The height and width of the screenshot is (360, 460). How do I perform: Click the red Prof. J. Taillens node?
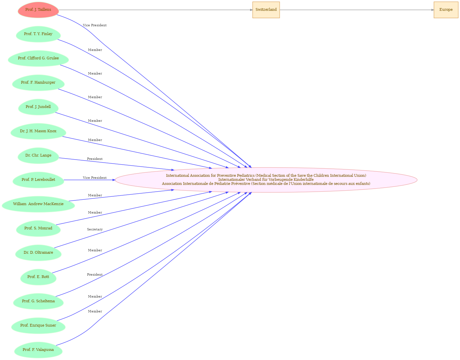(38, 10)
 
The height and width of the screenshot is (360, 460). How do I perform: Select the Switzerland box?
(266, 10)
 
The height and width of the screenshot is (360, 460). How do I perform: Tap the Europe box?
(446, 10)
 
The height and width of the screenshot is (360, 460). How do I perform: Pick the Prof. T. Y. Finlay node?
(38, 34)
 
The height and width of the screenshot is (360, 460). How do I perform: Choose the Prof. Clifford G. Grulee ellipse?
(38, 58)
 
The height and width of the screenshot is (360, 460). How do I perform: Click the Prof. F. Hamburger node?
(38, 83)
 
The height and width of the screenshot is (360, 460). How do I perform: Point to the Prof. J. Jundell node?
(38, 107)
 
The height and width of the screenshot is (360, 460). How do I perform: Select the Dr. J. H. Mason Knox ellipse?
(38, 132)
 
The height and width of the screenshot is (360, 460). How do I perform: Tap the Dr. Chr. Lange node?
(38, 156)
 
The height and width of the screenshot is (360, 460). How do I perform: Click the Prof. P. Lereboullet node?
(38, 180)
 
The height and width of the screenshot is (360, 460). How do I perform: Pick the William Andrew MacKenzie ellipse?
(38, 204)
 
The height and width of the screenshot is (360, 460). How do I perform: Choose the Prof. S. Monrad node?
(38, 228)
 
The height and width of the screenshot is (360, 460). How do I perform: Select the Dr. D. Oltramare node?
(38, 253)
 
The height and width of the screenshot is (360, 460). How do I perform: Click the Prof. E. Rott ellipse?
(38, 277)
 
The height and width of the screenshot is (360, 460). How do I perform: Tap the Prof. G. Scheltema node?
(38, 301)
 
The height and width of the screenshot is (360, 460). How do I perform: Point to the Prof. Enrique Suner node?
(38, 326)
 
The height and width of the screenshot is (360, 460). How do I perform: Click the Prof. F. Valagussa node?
(38, 350)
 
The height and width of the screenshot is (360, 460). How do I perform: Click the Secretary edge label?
(95, 229)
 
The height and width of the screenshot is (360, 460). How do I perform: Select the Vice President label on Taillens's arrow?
(94, 25)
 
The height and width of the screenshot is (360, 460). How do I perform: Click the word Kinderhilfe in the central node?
(303, 179)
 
